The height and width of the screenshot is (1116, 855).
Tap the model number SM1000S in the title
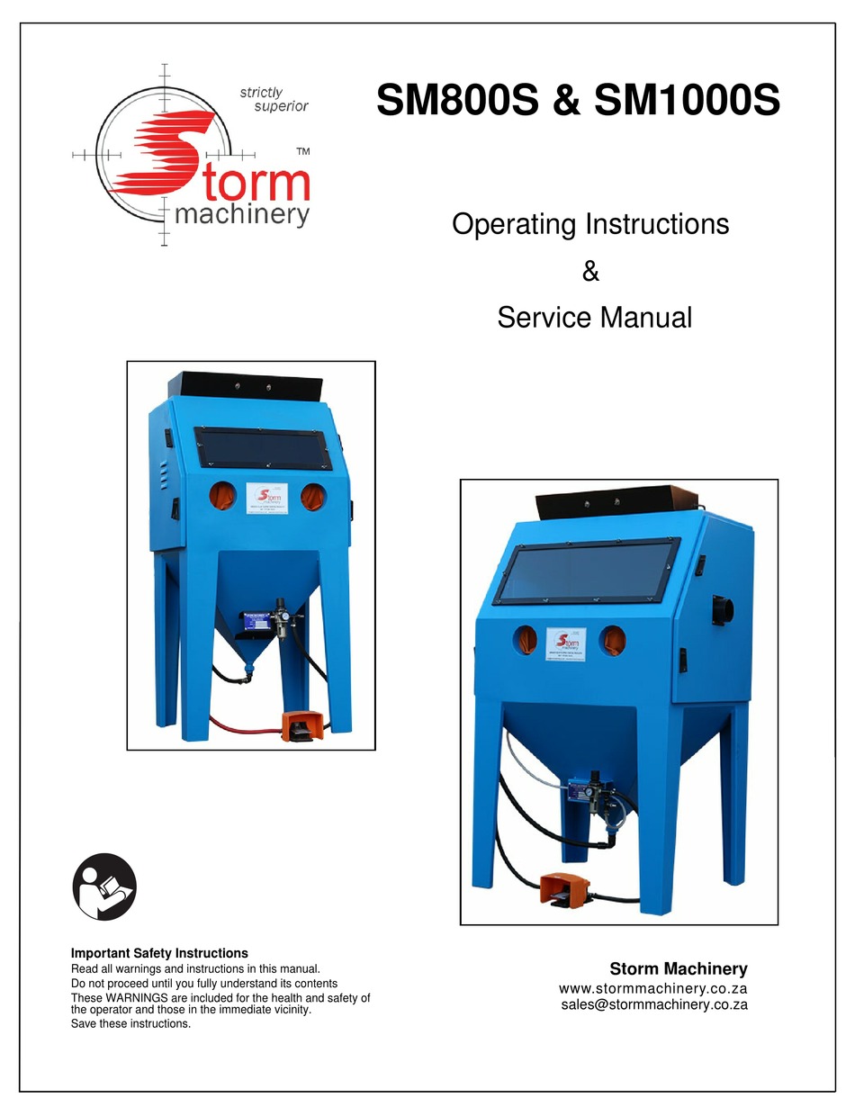click(x=687, y=101)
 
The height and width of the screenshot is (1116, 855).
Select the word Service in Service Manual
click(x=548, y=317)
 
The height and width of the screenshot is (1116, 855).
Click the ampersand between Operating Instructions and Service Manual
click(x=590, y=270)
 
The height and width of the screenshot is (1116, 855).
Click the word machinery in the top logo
click(x=241, y=214)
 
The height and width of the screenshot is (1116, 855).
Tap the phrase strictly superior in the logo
click(x=274, y=99)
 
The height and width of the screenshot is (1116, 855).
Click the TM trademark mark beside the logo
click(x=303, y=152)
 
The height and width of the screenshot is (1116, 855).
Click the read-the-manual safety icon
click(x=104, y=886)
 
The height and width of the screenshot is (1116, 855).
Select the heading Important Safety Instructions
click(x=159, y=953)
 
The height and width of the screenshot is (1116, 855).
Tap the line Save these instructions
click(x=130, y=1023)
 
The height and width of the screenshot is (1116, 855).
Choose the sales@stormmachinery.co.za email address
click(x=653, y=1005)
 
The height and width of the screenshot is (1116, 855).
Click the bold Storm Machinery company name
click(x=678, y=969)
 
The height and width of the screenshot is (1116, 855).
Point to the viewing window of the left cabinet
click(x=262, y=448)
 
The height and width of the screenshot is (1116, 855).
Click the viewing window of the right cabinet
click(x=588, y=571)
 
